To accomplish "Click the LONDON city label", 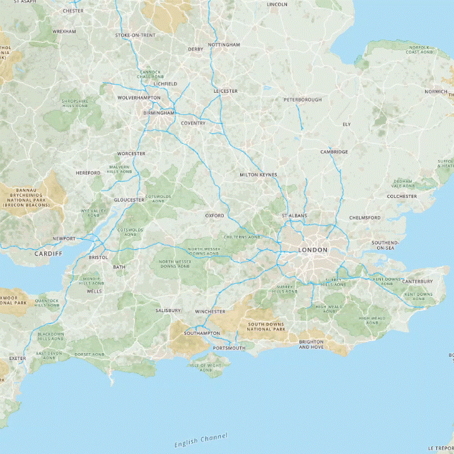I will click(x=313, y=250).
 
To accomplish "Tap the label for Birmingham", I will click(x=158, y=113).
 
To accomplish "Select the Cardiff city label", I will click(x=49, y=253).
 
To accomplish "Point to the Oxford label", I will click(x=214, y=216).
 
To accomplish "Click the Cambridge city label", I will click(x=334, y=152).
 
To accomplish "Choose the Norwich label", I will click(x=436, y=91).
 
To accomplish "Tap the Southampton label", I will click(x=202, y=333).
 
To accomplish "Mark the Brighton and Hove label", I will click(x=312, y=344).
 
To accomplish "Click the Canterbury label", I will click(x=417, y=281).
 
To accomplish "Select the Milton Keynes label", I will click(x=259, y=175).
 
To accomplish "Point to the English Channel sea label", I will click(x=201, y=441).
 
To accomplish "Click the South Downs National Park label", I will click(x=266, y=327).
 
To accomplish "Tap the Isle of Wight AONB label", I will click(x=206, y=368).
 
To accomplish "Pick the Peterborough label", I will click(x=303, y=100).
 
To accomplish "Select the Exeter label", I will click(x=18, y=358).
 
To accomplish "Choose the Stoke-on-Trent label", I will click(x=135, y=35).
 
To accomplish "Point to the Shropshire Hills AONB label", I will click(x=76, y=103).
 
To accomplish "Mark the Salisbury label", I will click(x=168, y=311).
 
